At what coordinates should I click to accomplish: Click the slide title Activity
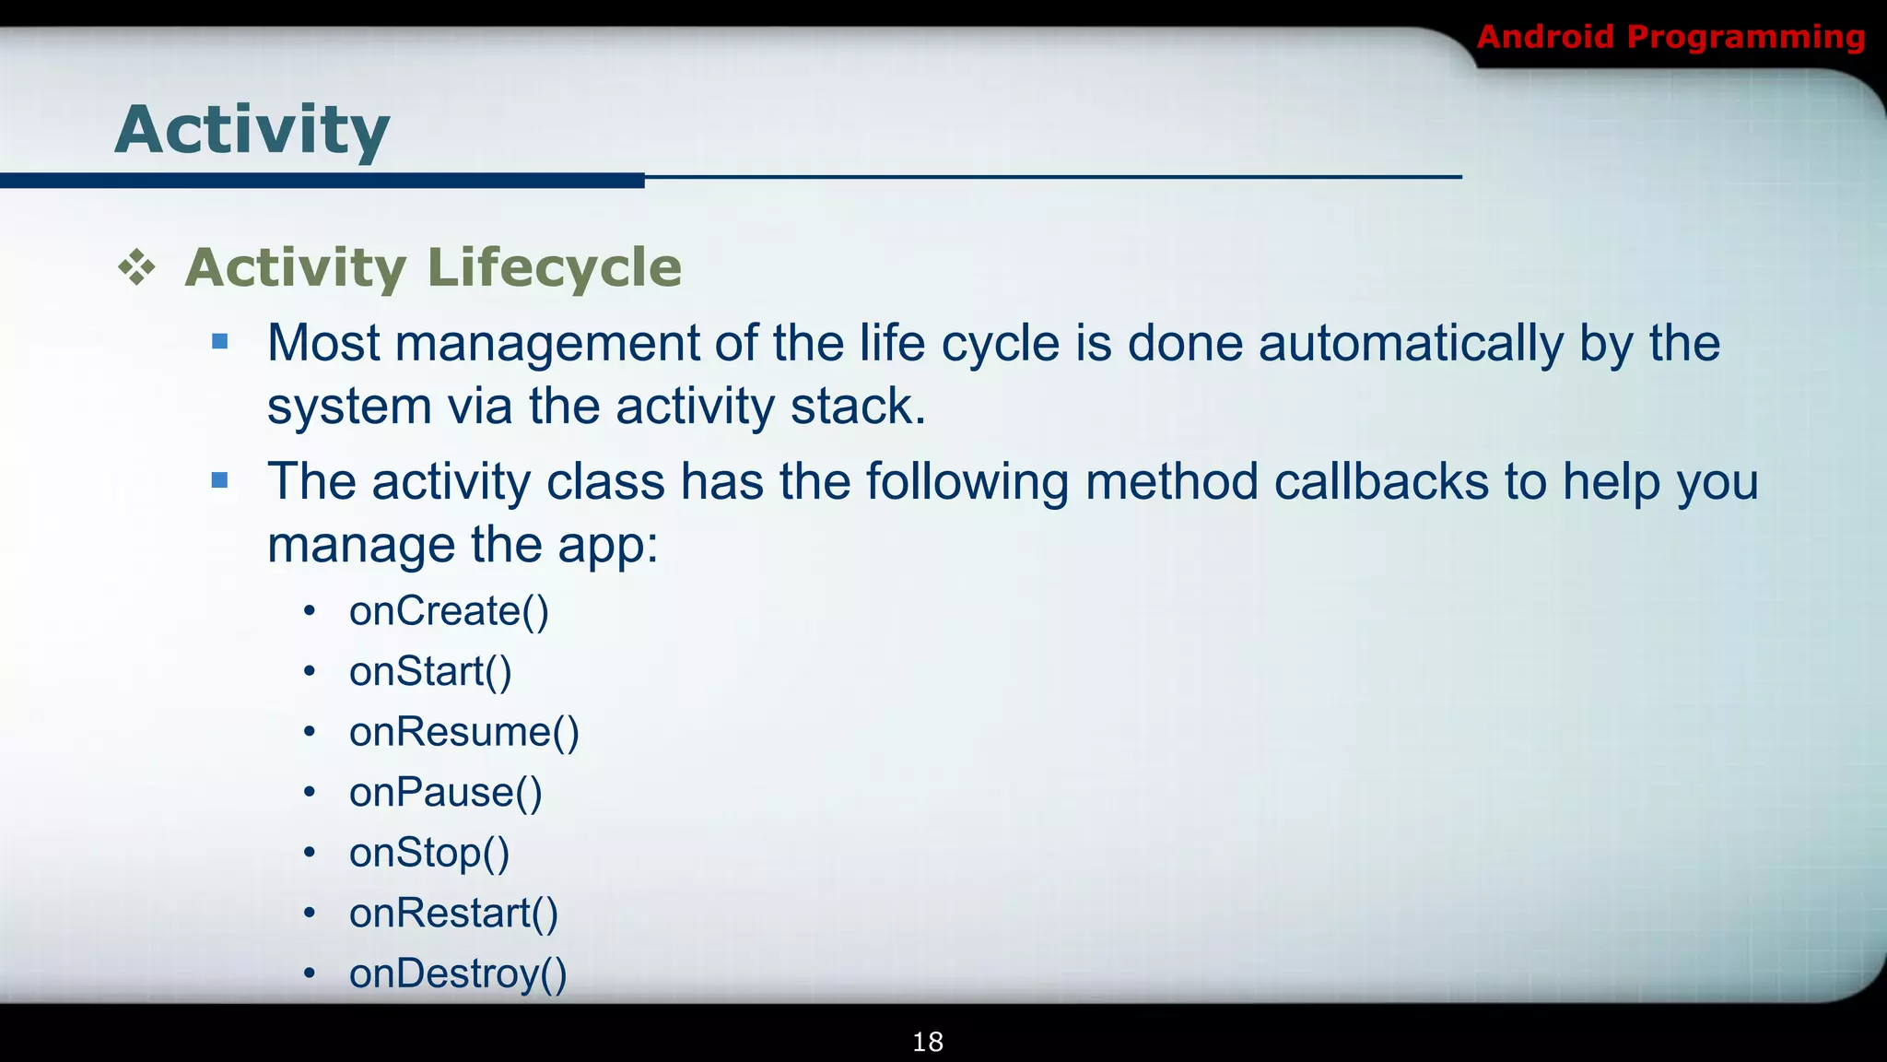pos(252,131)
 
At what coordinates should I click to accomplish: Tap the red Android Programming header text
pos(1670,37)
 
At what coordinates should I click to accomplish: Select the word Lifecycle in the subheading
pos(554,267)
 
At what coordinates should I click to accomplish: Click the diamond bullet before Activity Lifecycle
pos(136,267)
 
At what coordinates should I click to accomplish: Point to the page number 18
pos(927,1042)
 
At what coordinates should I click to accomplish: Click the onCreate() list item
pos(449,611)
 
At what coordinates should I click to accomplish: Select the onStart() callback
pos(430,671)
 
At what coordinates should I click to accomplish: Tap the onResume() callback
pos(463,732)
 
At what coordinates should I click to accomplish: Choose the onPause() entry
pos(445,793)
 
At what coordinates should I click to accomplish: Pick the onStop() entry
pos(428,853)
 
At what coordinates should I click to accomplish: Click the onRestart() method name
pos(453,914)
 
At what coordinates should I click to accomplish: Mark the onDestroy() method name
pos(458,973)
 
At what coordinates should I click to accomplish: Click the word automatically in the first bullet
pos(1411,344)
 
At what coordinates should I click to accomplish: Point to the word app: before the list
pos(608,546)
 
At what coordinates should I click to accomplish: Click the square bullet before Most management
pos(219,342)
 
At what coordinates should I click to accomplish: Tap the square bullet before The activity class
pos(219,480)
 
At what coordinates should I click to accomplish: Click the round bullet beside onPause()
pos(310,792)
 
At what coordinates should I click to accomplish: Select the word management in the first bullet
pos(547,344)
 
